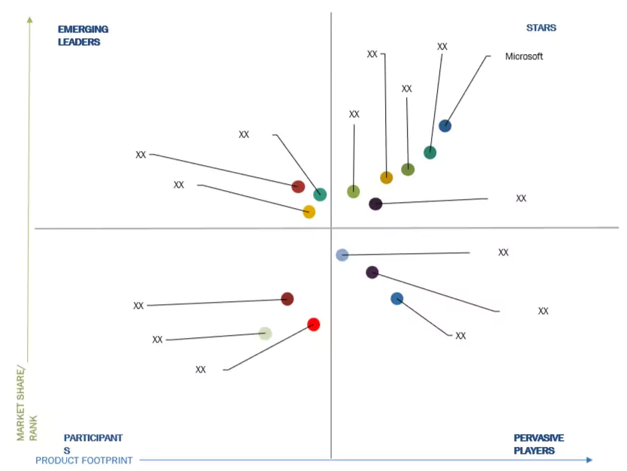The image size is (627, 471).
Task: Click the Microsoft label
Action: tap(523, 56)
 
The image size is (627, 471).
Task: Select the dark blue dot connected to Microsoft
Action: tap(445, 125)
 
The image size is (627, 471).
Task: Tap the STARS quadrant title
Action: tap(541, 28)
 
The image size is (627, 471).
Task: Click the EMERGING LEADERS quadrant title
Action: tap(83, 35)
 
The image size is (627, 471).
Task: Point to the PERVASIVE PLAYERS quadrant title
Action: tap(538, 444)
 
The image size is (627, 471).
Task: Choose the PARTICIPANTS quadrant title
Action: tap(92, 443)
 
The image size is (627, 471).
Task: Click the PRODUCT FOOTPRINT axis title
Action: tap(84, 460)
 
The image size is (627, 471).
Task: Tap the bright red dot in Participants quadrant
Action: tap(314, 325)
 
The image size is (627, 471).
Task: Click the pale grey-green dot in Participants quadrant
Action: tap(264, 333)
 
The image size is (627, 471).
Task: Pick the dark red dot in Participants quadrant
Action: tap(287, 298)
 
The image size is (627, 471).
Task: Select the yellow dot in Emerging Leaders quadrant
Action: tap(309, 212)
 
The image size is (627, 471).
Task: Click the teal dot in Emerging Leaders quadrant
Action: tap(320, 194)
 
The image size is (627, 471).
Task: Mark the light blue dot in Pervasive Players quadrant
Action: tap(342, 255)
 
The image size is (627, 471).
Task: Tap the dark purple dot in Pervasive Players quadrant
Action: tap(372, 272)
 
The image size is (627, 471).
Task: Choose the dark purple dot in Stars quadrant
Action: tap(375, 204)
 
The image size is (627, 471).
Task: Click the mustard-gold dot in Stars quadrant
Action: tap(386, 177)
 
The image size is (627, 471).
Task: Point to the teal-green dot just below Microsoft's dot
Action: tap(430, 152)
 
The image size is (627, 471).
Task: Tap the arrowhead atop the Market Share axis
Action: tap(29, 20)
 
